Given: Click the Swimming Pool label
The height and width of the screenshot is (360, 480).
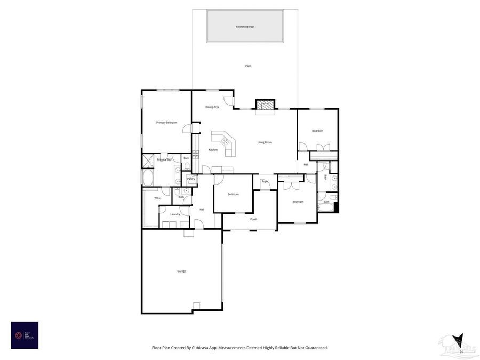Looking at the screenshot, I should click(x=245, y=26).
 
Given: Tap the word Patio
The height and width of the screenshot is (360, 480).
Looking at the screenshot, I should click(x=248, y=66).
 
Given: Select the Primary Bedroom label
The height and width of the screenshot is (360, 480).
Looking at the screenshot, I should click(x=166, y=123).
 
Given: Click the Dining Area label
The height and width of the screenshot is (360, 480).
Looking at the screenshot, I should click(x=212, y=107).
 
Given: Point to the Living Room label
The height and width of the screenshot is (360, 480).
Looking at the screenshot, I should click(x=265, y=142).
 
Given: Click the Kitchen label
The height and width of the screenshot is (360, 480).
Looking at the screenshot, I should click(x=213, y=150).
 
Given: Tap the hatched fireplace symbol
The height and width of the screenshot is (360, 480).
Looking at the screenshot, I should click(x=265, y=105).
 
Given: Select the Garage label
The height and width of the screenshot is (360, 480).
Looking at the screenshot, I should click(x=181, y=271).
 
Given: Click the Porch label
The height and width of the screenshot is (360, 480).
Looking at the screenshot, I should click(x=253, y=219).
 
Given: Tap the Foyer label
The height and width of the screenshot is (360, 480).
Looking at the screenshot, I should click(x=265, y=182).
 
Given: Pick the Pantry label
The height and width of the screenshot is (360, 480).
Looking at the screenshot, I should click(x=190, y=179).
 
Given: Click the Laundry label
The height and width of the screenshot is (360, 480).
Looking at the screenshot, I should click(x=175, y=214).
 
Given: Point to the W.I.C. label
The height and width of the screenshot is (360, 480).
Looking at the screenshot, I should click(x=157, y=198).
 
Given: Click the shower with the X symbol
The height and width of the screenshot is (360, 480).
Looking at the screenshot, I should click(x=148, y=159).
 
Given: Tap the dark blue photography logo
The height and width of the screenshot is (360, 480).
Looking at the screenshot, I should click(x=25, y=335).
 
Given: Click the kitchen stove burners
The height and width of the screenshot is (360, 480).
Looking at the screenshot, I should click(x=195, y=155).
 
